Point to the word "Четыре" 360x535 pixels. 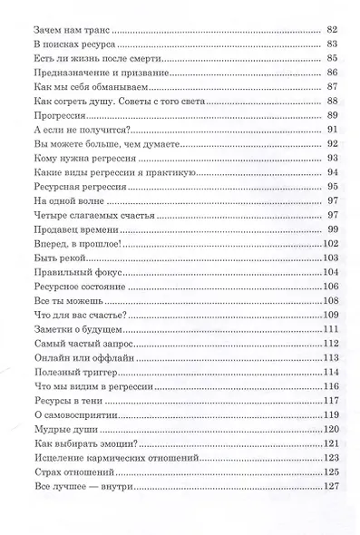point(52,215)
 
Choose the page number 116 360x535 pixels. point(329,387)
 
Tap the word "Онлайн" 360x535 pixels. point(53,358)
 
